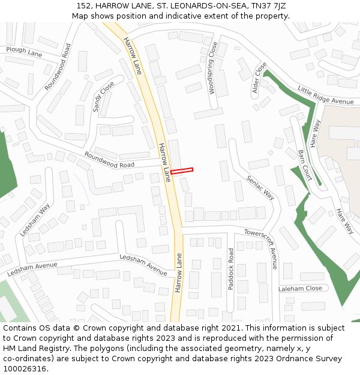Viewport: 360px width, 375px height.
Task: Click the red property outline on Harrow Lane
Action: [x=182, y=171]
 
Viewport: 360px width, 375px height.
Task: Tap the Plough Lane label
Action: [x=24, y=50]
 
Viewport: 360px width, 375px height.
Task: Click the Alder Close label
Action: [x=259, y=79]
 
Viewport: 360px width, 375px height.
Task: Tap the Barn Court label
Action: [x=305, y=165]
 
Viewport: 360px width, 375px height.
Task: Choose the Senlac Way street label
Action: [x=260, y=188]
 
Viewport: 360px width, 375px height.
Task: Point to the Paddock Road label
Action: [x=231, y=268]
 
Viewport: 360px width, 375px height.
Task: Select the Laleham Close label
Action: [x=300, y=289]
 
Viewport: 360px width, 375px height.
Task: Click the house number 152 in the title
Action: [x=85, y=6]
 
